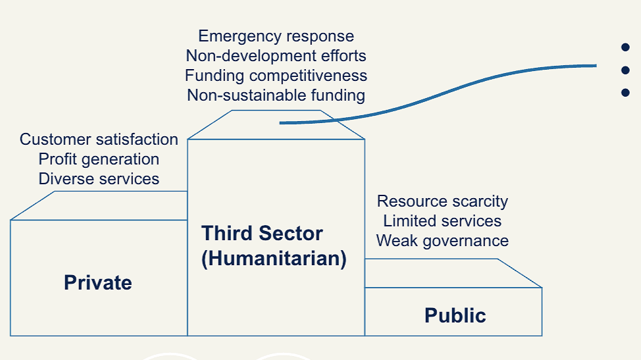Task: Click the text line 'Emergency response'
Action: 276,36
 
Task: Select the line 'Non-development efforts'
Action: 276,55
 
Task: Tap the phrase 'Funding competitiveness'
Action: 276,76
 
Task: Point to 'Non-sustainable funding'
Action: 276,95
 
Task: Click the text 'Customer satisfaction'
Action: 99,140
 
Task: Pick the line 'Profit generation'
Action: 99,159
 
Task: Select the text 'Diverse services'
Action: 99,179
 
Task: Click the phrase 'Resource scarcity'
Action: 442,201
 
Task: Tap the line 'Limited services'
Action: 442,221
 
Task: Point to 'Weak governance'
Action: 442,241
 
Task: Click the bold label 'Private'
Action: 98,283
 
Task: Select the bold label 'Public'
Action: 455,315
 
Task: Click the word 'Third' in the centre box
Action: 227,234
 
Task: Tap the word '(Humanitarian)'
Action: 274,259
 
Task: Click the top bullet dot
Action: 625,47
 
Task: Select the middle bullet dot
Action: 625,70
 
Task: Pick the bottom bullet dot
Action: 625,93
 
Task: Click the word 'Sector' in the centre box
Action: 291,234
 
